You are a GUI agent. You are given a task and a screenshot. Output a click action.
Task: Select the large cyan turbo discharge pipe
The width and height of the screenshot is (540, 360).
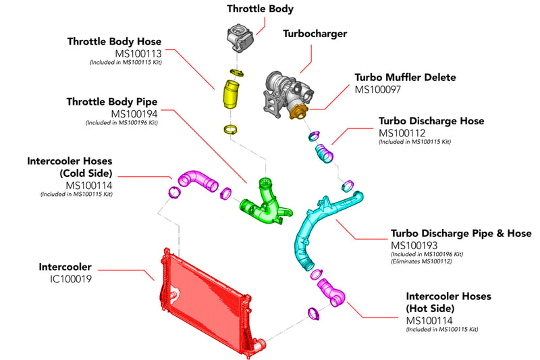pos(307,230)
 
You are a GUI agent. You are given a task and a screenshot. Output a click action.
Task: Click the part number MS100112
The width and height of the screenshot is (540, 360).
pos(404,132)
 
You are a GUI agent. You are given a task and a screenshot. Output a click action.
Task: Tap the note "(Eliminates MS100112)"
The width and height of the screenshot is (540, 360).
pos(422,261)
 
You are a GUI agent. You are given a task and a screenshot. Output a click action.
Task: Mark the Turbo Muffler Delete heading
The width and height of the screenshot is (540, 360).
pos(406,77)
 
